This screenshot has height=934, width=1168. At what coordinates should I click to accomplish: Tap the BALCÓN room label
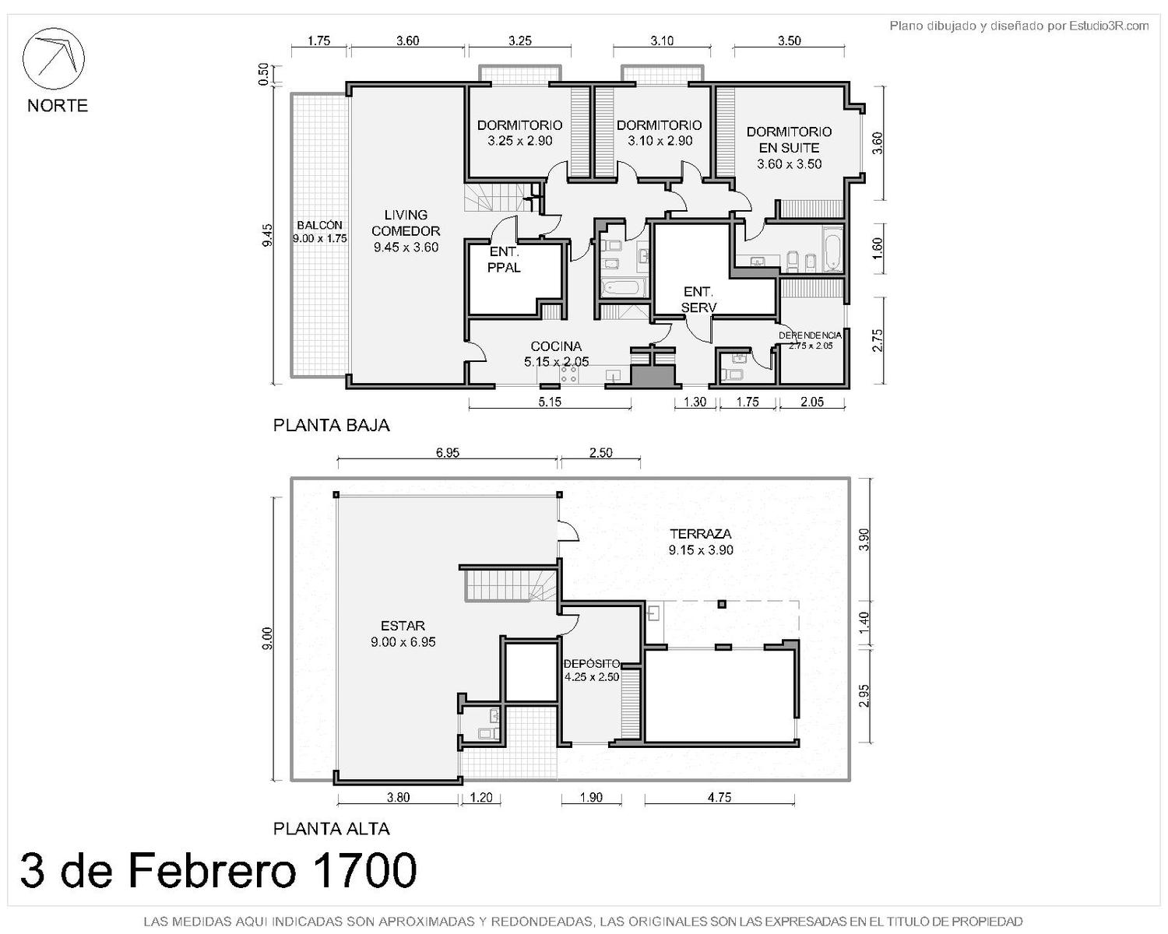tap(320, 225)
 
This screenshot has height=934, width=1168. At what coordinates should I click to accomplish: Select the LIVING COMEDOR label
tap(406, 223)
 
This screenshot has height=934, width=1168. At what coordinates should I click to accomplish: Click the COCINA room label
tap(556, 346)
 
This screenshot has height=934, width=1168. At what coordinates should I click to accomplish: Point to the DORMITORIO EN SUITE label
tap(789, 139)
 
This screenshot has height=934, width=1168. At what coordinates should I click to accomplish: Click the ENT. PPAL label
tap(504, 259)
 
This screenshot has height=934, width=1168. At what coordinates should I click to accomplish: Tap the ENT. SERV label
tap(698, 300)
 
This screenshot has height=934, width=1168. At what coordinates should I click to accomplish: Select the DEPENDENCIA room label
tap(810, 335)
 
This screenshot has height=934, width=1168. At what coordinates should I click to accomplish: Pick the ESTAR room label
tap(403, 626)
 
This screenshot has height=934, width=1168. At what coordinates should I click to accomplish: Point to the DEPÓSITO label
tap(592, 664)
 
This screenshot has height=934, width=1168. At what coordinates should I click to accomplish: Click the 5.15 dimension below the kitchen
tap(549, 402)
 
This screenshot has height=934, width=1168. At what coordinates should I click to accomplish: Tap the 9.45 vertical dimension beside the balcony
tap(267, 236)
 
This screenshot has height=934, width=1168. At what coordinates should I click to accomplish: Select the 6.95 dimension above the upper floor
tap(447, 453)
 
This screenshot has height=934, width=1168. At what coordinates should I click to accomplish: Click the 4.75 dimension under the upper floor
tap(719, 797)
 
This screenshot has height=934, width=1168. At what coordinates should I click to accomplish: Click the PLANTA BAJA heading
tap(331, 426)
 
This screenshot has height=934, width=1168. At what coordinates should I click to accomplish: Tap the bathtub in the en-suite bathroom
tap(832, 250)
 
